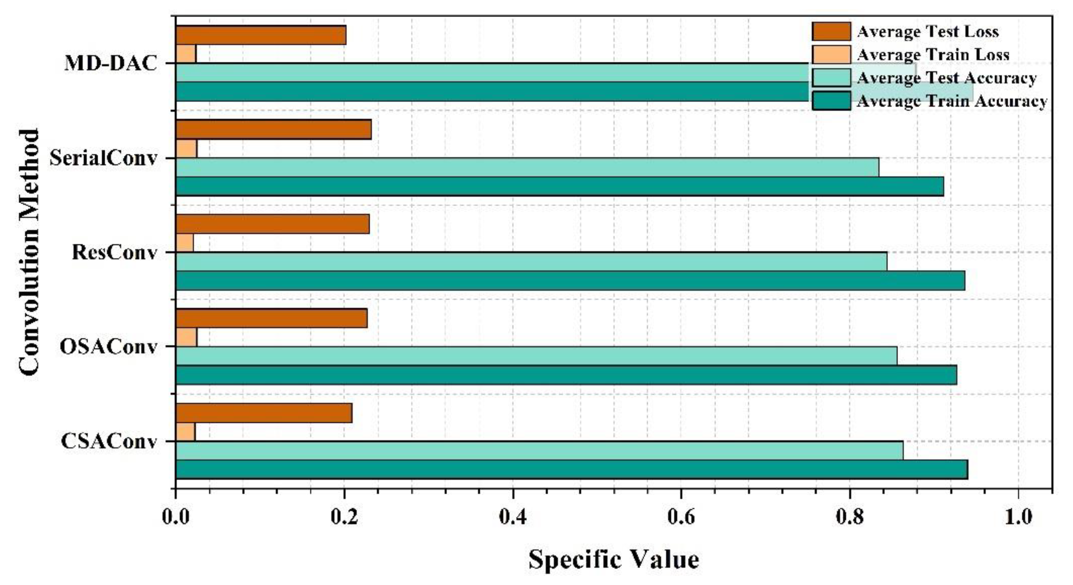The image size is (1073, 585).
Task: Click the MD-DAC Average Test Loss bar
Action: click(x=261, y=35)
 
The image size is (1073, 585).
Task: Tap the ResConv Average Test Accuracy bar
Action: click(x=531, y=262)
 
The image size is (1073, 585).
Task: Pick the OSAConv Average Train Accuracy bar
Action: click(x=566, y=375)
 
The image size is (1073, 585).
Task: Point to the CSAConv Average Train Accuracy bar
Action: click(x=572, y=469)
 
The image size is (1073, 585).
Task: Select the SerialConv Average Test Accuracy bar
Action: click(x=527, y=167)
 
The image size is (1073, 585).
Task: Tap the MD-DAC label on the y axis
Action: click(x=111, y=64)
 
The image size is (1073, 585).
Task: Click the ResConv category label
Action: click(x=115, y=252)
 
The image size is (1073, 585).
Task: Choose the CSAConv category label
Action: click(x=109, y=441)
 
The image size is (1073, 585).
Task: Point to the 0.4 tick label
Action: click(x=512, y=516)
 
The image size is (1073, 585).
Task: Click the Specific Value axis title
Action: click(x=613, y=559)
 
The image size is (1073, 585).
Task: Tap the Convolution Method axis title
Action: click(x=29, y=252)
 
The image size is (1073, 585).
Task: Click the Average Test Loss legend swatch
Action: click(x=831, y=31)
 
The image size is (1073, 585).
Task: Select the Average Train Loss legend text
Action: click(x=933, y=54)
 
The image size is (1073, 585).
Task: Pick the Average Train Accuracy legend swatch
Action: click(x=831, y=101)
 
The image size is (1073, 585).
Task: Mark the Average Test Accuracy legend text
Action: click(x=946, y=78)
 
